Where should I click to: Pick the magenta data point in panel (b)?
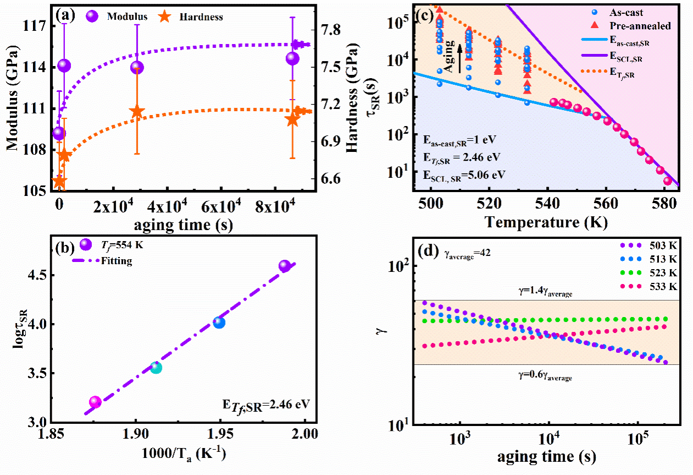coord(95,402)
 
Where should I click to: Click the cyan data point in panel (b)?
coord(156,367)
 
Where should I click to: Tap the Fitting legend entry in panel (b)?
coord(117,261)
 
